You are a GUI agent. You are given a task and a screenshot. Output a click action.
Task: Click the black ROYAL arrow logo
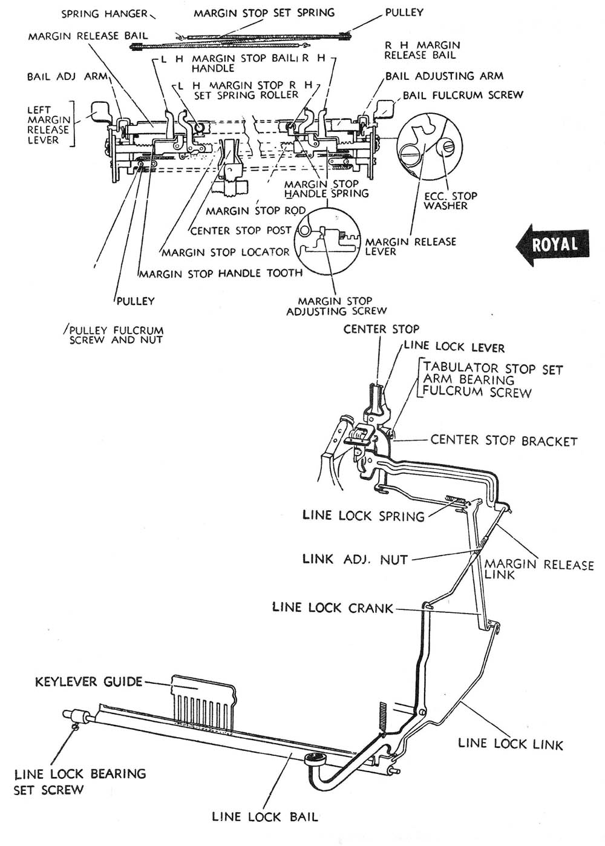click(x=552, y=244)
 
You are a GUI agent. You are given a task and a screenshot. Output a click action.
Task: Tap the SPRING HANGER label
click(x=104, y=13)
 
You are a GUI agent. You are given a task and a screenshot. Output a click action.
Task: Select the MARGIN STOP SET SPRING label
click(x=264, y=13)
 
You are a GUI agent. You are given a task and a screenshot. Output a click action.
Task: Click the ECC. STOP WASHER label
click(x=450, y=201)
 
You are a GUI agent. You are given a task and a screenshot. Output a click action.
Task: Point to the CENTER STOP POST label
click(x=241, y=231)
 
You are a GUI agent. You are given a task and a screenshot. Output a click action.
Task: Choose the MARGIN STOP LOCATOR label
click(x=225, y=252)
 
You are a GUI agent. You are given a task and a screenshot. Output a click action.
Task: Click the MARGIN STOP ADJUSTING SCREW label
click(x=336, y=306)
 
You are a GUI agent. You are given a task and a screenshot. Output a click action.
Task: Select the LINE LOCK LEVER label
click(x=454, y=347)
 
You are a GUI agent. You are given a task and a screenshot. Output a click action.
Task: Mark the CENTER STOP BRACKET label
click(x=503, y=441)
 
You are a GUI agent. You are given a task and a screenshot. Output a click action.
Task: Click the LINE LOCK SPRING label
click(x=363, y=516)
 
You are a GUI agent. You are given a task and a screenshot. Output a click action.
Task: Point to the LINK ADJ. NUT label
click(x=355, y=559)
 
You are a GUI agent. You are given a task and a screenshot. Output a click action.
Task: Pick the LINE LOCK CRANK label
click(x=333, y=608)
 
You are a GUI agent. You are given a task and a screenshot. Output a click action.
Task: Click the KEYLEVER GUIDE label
click(x=88, y=682)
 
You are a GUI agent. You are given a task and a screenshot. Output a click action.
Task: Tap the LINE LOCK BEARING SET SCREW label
click(x=79, y=781)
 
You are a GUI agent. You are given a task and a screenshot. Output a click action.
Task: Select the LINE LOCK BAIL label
click(x=264, y=817)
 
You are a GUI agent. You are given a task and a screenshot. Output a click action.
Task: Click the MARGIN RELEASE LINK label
click(x=538, y=569)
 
